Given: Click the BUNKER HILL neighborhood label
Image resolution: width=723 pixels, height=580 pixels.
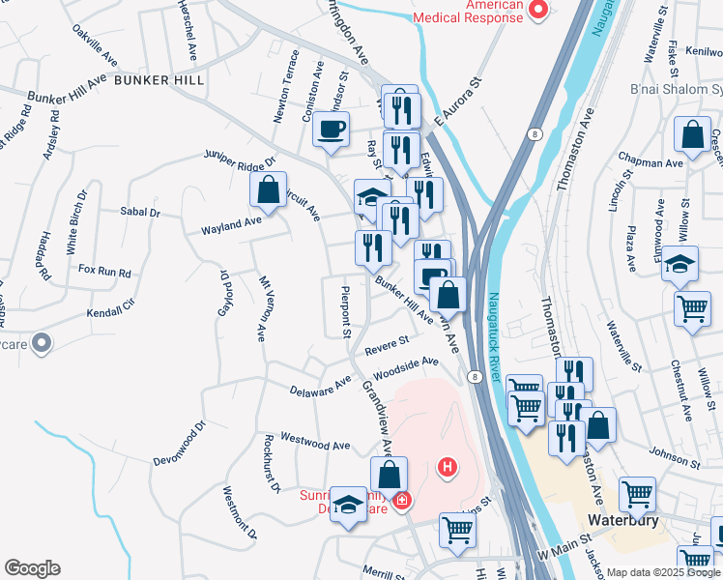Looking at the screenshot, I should point(159,79).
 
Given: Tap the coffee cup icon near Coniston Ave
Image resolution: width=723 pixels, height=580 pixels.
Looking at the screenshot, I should point(331,130).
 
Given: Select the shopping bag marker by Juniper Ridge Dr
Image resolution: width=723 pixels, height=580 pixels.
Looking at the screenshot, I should point(269,188).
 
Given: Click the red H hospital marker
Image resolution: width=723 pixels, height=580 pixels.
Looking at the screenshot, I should point(447,469).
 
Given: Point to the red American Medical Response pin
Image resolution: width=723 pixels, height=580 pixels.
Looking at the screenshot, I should point(537,11).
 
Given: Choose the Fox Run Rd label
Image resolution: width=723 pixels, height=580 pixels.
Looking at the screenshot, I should point(104,272).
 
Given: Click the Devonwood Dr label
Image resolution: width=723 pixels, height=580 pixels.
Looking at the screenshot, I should point(180,443).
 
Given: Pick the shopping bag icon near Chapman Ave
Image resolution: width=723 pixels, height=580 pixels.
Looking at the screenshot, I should point(692,135).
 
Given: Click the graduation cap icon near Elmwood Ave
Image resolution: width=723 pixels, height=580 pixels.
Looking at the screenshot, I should point(680,264).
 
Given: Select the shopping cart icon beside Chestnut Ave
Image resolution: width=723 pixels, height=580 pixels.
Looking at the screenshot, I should point(692,310).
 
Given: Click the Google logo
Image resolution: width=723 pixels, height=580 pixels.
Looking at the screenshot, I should point(32,568).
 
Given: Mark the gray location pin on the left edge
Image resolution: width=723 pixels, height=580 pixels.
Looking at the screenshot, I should point(42,342).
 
